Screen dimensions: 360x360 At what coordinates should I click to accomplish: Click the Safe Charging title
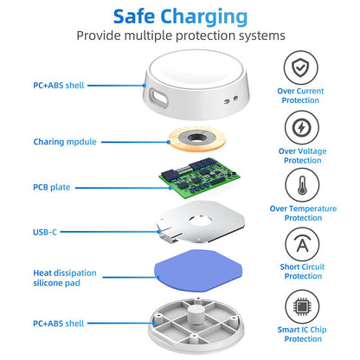tap(179, 16)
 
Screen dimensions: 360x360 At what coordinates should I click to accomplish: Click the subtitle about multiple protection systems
tap(179, 36)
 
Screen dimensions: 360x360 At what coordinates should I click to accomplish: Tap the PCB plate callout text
tap(52, 187)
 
